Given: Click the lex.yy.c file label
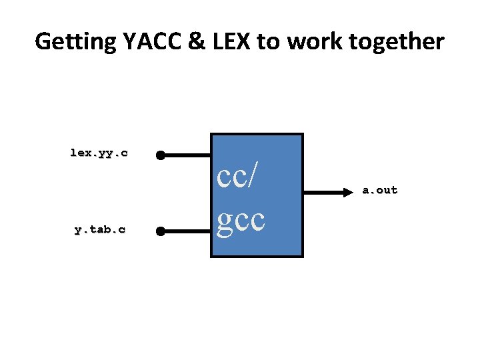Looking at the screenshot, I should [x=99, y=153].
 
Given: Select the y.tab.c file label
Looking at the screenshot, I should [x=99, y=229].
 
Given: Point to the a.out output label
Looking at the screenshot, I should [x=379, y=190].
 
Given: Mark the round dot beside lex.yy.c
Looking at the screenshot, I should [x=160, y=155].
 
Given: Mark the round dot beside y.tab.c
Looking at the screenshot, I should [x=160, y=232].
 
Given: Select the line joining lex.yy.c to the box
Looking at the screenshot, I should [x=187, y=155].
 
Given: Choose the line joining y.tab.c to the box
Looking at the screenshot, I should [x=187, y=232].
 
